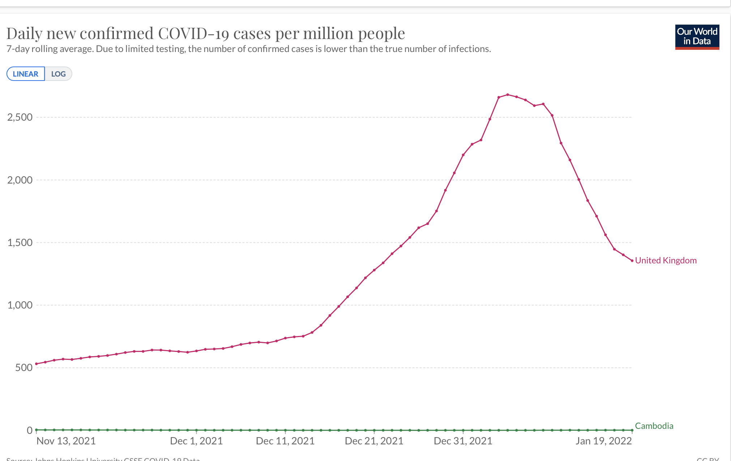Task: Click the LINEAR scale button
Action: click(26, 74)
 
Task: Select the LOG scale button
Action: click(58, 74)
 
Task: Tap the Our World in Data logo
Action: click(697, 37)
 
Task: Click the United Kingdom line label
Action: click(666, 260)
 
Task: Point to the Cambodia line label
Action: click(654, 426)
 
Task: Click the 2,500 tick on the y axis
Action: click(20, 117)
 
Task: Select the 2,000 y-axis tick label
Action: click(20, 180)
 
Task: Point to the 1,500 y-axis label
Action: click(20, 242)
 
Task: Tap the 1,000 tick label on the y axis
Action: click(20, 305)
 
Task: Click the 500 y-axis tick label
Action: click(24, 368)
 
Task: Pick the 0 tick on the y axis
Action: click(30, 430)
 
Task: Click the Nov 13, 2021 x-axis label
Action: click(66, 441)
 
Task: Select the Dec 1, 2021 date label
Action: click(196, 441)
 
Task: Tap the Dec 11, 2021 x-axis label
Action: click(285, 441)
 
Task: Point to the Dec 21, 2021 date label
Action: click(374, 441)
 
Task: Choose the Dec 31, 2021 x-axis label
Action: click(463, 441)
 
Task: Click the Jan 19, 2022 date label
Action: click(604, 441)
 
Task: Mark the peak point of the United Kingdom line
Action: click(508, 95)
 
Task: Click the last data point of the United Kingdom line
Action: click(632, 260)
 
